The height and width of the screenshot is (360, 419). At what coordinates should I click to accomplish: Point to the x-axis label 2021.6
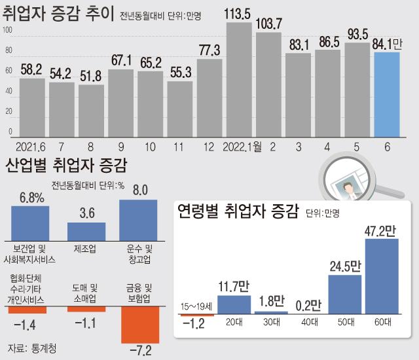[31, 146]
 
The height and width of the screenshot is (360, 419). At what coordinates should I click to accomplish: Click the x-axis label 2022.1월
[242, 146]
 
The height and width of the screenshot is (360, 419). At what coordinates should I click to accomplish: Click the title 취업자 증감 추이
[58, 14]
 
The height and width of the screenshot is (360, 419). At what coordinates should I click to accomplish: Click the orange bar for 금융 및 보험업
[140, 324]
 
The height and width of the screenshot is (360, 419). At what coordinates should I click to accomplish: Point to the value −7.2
[139, 351]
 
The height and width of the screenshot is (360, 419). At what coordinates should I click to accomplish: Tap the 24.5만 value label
[345, 266]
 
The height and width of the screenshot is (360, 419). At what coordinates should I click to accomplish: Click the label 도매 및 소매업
[86, 293]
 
